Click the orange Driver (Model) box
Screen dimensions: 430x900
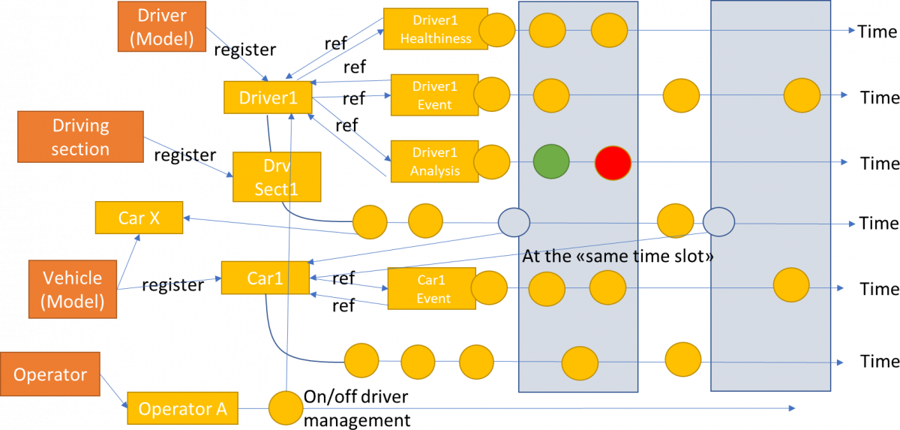coord(161,26)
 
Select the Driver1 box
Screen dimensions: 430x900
coord(268,98)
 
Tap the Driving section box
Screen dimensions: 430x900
coord(80,137)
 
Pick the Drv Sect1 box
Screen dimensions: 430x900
coord(277,177)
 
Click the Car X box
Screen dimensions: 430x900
coord(139,218)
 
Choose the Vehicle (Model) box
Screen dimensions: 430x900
coord(72,289)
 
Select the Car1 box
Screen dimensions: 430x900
coord(265,278)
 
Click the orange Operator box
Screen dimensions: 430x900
coord(50,374)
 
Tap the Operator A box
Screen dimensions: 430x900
coord(182,409)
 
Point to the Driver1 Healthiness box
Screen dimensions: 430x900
coord(435,29)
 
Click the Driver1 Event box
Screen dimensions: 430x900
coord(434,95)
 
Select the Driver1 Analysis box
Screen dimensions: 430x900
coord(434,161)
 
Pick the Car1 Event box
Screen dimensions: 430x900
coord(432,289)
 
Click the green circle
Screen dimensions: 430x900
coord(551,161)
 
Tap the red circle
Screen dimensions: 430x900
coord(613,162)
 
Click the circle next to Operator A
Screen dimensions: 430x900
coord(286,409)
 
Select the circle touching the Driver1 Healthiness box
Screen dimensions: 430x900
coord(497,30)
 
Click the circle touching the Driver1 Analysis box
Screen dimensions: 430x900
coord(492,162)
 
